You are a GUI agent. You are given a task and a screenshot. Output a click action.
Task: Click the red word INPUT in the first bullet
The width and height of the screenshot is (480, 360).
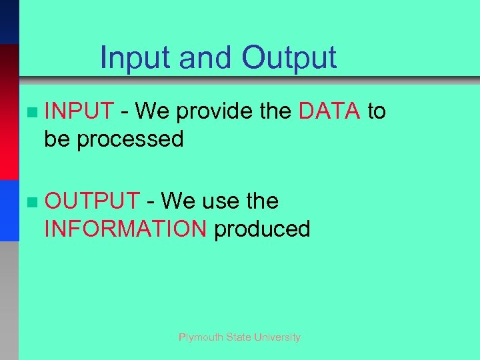tap(79, 111)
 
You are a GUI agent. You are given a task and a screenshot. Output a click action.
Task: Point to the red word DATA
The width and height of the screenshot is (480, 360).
tap(330, 111)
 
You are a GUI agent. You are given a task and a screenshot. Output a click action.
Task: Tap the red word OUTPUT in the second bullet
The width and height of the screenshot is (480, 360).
tap(92, 201)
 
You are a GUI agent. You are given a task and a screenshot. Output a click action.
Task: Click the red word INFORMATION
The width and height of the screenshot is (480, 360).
tap(125, 229)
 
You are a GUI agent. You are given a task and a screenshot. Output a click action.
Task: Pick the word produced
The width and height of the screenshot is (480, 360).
tap(262, 229)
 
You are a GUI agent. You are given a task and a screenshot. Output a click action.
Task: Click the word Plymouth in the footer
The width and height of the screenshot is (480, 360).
tap(201, 337)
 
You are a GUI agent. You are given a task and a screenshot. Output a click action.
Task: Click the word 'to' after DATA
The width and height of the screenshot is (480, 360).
tap(377, 111)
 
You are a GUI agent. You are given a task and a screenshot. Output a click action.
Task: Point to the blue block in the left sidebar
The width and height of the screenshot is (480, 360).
tap(9, 210)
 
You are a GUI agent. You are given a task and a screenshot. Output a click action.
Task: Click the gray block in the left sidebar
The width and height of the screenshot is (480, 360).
tap(9, 300)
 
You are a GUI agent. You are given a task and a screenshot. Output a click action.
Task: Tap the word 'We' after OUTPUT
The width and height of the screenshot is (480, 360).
tap(175, 201)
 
